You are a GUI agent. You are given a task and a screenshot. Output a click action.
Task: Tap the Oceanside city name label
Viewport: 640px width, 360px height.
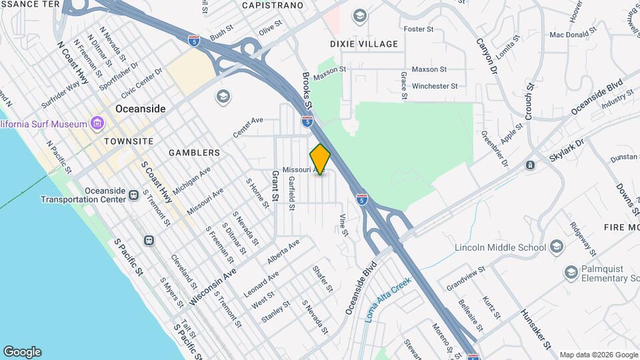140,109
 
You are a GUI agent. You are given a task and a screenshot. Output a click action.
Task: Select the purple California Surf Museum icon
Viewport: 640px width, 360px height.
98,123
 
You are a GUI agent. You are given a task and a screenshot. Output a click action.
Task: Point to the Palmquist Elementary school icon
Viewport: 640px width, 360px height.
571,272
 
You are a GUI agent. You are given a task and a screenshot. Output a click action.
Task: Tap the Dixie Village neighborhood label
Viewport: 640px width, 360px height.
364,44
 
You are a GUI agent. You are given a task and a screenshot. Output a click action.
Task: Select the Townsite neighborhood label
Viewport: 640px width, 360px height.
129,141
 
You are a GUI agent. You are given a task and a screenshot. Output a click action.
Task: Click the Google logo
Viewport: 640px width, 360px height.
22,352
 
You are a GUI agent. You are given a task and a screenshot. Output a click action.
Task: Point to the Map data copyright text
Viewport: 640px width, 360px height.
598,355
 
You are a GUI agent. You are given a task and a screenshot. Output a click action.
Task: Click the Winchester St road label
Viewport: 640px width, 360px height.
435,86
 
